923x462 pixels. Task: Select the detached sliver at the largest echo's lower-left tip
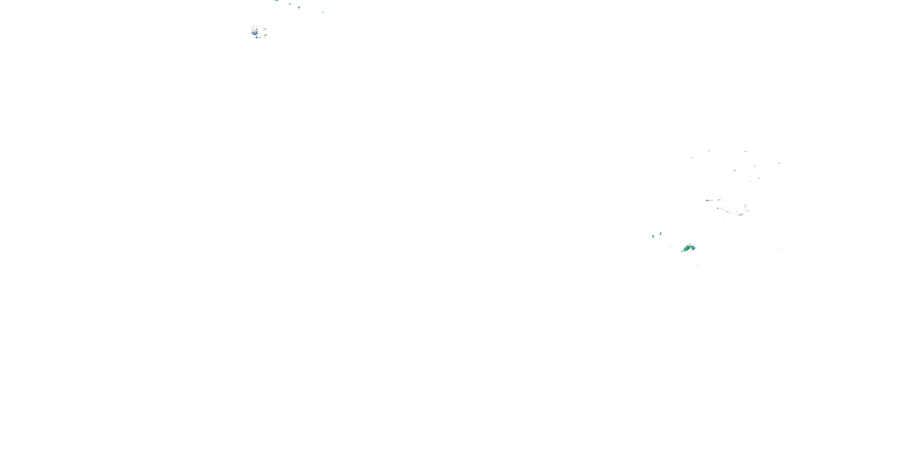tap(682, 251)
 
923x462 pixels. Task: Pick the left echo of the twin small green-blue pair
tap(653, 236)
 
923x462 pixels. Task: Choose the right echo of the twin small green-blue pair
tap(660, 233)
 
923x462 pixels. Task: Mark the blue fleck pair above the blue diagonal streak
tap(264, 29)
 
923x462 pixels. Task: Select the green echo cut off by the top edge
tap(276, 0)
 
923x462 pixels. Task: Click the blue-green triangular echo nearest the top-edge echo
tap(290, 4)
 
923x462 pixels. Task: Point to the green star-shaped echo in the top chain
tap(299, 7)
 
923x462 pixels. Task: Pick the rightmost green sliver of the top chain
tap(323, 12)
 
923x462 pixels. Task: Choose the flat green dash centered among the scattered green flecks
tap(734, 170)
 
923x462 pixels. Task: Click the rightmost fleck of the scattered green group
tap(779, 163)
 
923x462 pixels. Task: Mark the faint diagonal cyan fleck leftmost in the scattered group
tap(691, 158)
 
